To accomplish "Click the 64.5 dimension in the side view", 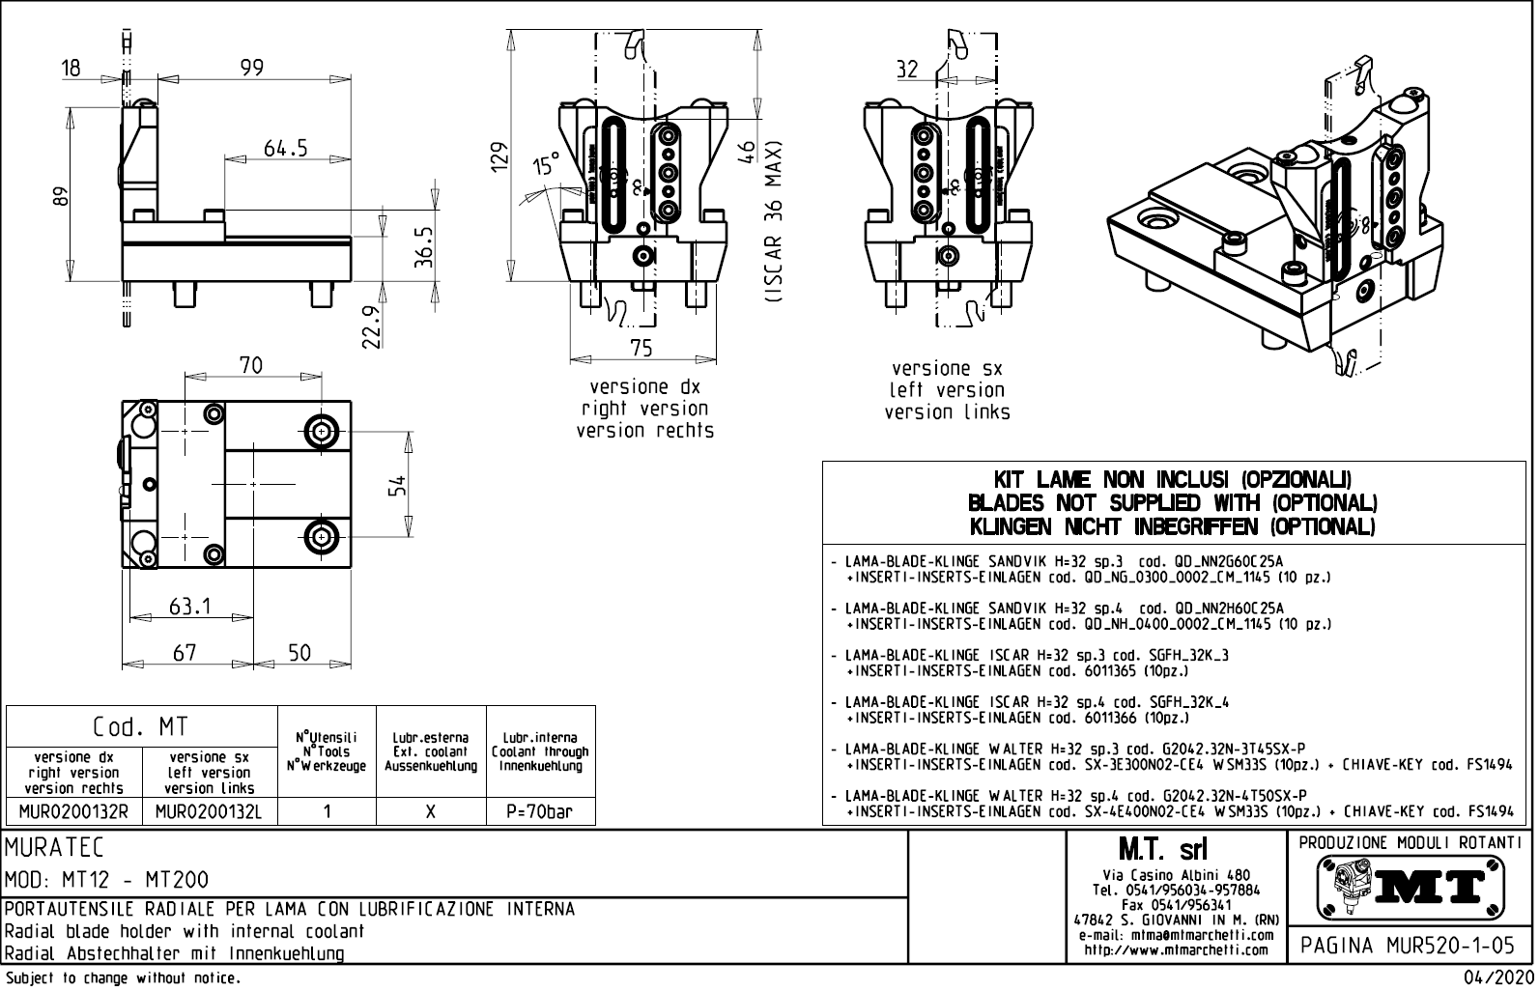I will click(x=286, y=148).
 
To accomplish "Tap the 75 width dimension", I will click(x=641, y=348).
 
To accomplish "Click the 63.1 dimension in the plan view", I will click(x=189, y=607).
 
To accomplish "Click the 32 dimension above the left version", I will click(x=907, y=70).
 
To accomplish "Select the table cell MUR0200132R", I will click(x=74, y=811).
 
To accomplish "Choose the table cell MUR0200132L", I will click(x=209, y=811).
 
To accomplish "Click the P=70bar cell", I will click(x=540, y=811).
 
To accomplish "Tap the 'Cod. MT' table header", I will click(x=141, y=726).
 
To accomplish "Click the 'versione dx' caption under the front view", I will click(x=644, y=386).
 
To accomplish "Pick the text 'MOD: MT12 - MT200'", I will click(x=107, y=880).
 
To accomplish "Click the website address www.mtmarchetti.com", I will click(x=1176, y=949).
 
